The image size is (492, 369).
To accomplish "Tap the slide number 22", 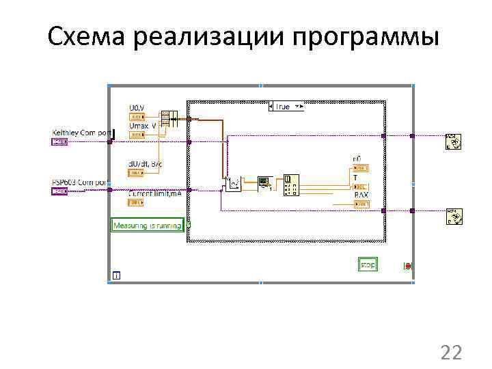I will tap(451, 353).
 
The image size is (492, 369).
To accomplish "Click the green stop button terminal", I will tap(368, 264).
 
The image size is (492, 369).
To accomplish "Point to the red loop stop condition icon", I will tap(407, 265).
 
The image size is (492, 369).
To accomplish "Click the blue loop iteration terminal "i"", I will tap(116, 275).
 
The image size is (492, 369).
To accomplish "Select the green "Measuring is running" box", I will tap(148, 225).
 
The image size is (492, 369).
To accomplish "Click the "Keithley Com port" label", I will tap(81, 132).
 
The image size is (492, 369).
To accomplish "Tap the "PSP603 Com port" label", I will tap(79, 182).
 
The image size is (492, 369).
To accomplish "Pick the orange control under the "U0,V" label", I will tap(137, 117).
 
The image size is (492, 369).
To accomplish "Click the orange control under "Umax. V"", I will tap(137, 135).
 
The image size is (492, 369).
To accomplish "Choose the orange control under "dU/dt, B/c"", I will tap(137, 172).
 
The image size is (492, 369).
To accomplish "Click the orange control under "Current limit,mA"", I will tap(137, 202).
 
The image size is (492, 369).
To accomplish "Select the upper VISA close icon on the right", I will tap(453, 141).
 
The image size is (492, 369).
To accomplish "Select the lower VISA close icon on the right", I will tap(453, 216).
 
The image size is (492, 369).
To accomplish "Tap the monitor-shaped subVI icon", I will tap(264, 182).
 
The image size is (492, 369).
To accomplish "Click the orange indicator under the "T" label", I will tap(359, 187).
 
